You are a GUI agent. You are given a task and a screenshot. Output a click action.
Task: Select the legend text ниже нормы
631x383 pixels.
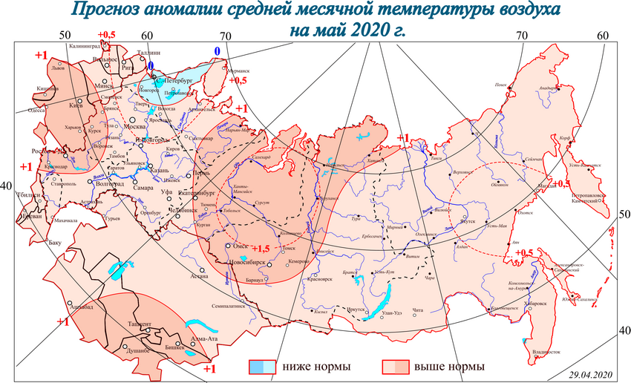[x=315, y=367]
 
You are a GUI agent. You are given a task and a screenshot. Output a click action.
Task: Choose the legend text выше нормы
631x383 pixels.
[x=449, y=367]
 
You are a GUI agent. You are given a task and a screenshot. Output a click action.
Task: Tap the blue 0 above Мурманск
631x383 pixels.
[x=217, y=50]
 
